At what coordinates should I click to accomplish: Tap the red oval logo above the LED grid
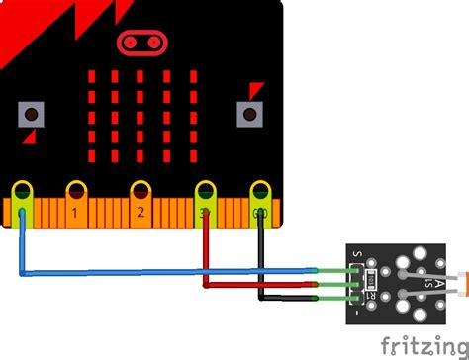pyautogui.click(x=140, y=42)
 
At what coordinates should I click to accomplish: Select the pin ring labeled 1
pyautogui.click(x=75, y=189)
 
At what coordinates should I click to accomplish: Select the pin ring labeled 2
pyautogui.click(x=141, y=189)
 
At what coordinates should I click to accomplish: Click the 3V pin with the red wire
pyautogui.click(x=206, y=189)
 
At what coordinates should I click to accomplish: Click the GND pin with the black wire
pyautogui.click(x=259, y=189)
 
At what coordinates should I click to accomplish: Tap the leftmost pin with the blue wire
pyautogui.click(x=22, y=189)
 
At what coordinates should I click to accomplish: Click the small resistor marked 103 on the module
pyautogui.click(x=372, y=281)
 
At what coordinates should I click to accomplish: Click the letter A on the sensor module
pyautogui.click(x=425, y=284)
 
